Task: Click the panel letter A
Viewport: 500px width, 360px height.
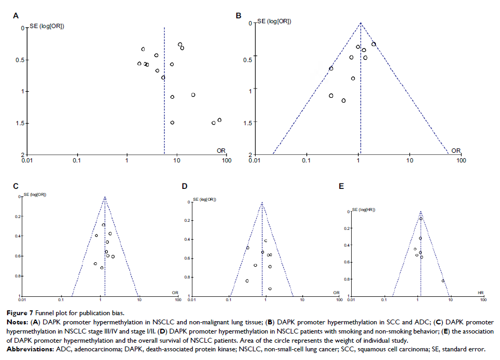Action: point(16,16)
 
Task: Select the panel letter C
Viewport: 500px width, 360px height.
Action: point(16,186)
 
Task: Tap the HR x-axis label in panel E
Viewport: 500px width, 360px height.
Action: point(481,292)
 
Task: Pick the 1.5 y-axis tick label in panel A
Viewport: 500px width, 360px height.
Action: point(18,123)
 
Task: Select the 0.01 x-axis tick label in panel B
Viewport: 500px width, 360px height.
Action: point(255,160)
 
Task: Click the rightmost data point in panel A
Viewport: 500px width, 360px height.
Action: point(220,120)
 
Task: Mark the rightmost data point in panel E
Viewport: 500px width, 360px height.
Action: point(443,281)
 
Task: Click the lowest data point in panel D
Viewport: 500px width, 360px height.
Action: point(270,289)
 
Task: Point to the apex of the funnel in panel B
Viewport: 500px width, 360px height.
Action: point(360,23)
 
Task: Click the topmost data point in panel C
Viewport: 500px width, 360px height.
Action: point(103,225)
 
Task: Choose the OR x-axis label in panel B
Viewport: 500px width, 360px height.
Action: point(456,150)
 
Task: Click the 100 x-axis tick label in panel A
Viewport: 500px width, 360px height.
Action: point(227,160)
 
